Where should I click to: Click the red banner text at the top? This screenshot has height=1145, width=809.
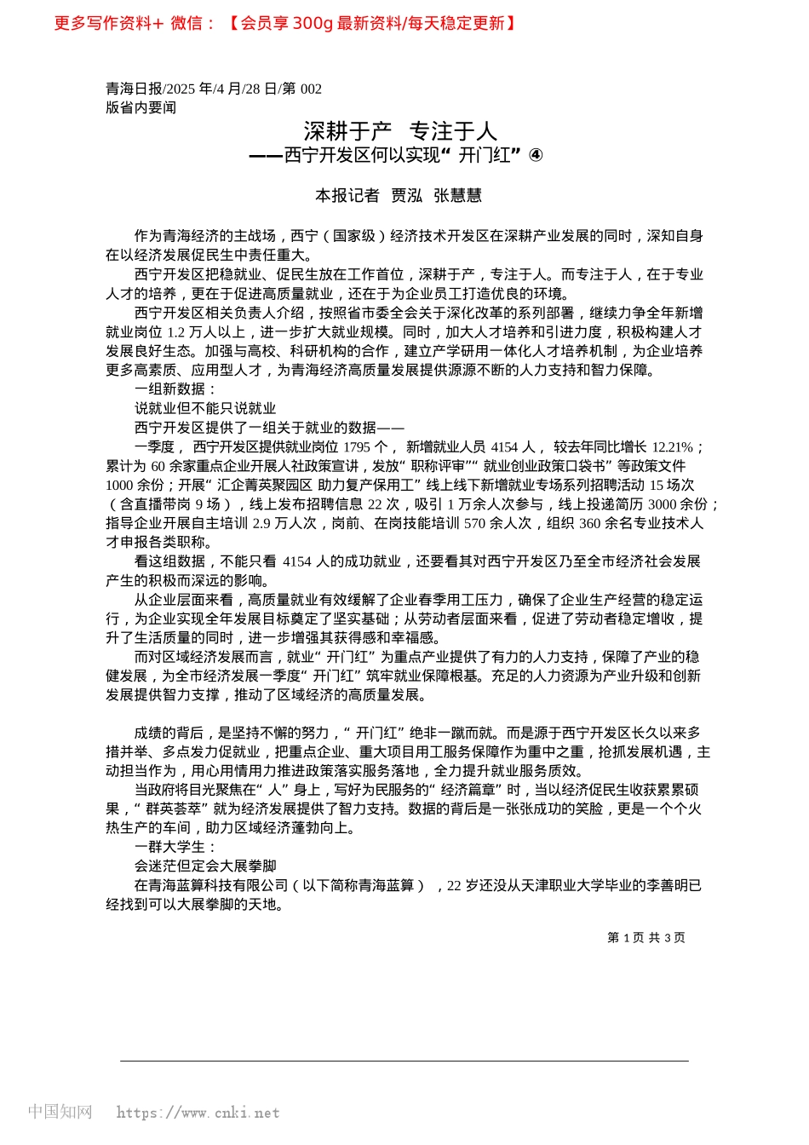click(x=285, y=23)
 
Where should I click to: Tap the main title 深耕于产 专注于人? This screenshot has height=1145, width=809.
click(x=400, y=131)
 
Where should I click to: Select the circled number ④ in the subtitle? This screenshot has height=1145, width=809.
click(x=536, y=155)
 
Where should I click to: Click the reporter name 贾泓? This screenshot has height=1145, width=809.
click(x=406, y=196)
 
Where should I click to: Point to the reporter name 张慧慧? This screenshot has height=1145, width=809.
click(x=457, y=196)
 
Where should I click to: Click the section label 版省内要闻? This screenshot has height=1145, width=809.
click(x=141, y=107)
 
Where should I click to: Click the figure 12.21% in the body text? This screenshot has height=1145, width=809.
click(x=673, y=447)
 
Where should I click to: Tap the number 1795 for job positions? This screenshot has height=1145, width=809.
click(x=356, y=447)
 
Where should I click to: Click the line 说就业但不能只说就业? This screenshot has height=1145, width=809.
click(x=205, y=409)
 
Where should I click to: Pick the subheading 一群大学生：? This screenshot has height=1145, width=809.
click(x=176, y=847)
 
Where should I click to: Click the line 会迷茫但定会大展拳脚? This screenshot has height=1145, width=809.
click(x=205, y=866)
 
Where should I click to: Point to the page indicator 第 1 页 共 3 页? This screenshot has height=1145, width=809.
click(x=645, y=938)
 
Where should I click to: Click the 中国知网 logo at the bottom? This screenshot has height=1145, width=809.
click(x=60, y=1112)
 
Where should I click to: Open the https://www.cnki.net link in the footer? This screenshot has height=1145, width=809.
click(x=198, y=1113)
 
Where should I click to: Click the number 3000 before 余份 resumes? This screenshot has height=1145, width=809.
click(x=662, y=504)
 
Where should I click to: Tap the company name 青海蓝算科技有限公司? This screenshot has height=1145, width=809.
click(x=212, y=886)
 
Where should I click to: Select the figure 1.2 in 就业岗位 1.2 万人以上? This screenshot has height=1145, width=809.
click(x=175, y=332)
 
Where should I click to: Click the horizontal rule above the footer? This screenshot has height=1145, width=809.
click(x=404, y=1061)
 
